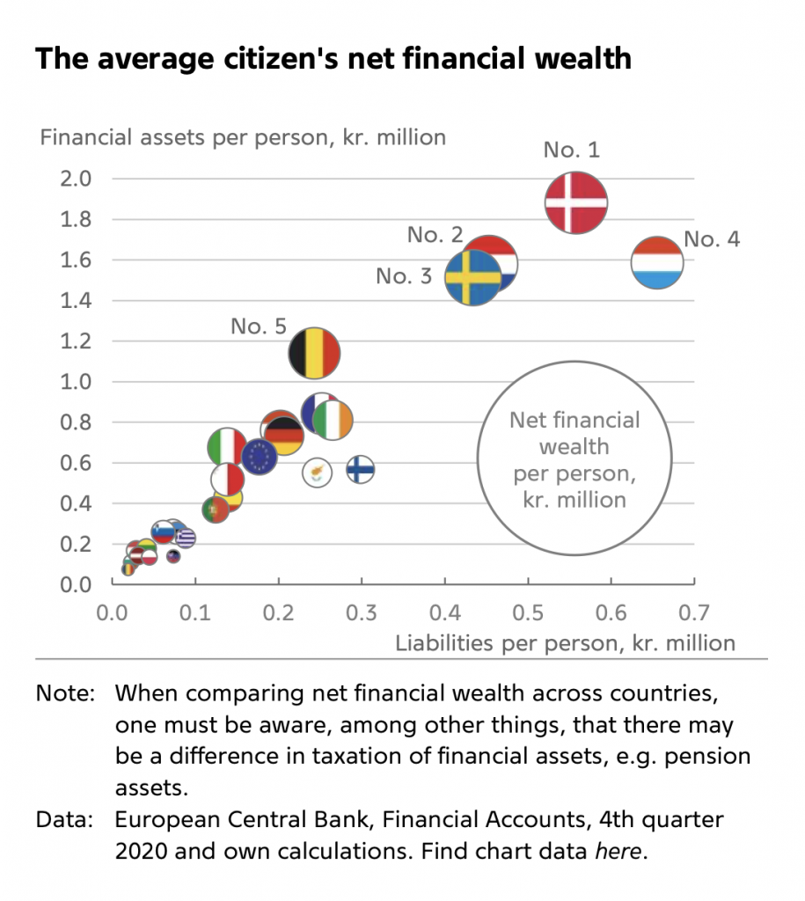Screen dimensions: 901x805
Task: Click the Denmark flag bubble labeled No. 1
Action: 576,201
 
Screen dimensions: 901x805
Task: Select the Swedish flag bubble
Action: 472,277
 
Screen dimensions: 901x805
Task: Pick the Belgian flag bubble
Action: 314,354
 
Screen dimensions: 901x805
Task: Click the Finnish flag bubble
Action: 360,470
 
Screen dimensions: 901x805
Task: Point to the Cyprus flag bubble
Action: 317,472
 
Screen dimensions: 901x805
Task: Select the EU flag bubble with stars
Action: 260,457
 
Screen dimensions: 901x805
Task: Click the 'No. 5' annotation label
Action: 259,326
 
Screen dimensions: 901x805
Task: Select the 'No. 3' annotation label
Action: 404,276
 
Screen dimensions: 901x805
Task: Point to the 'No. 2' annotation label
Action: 435,235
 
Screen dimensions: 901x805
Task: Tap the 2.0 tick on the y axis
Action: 76,179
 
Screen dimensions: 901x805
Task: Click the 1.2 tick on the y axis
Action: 76,341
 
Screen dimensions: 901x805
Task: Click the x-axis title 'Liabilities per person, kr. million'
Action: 565,642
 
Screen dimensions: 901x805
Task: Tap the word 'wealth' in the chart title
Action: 581,58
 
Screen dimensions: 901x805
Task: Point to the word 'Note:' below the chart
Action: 64,692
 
